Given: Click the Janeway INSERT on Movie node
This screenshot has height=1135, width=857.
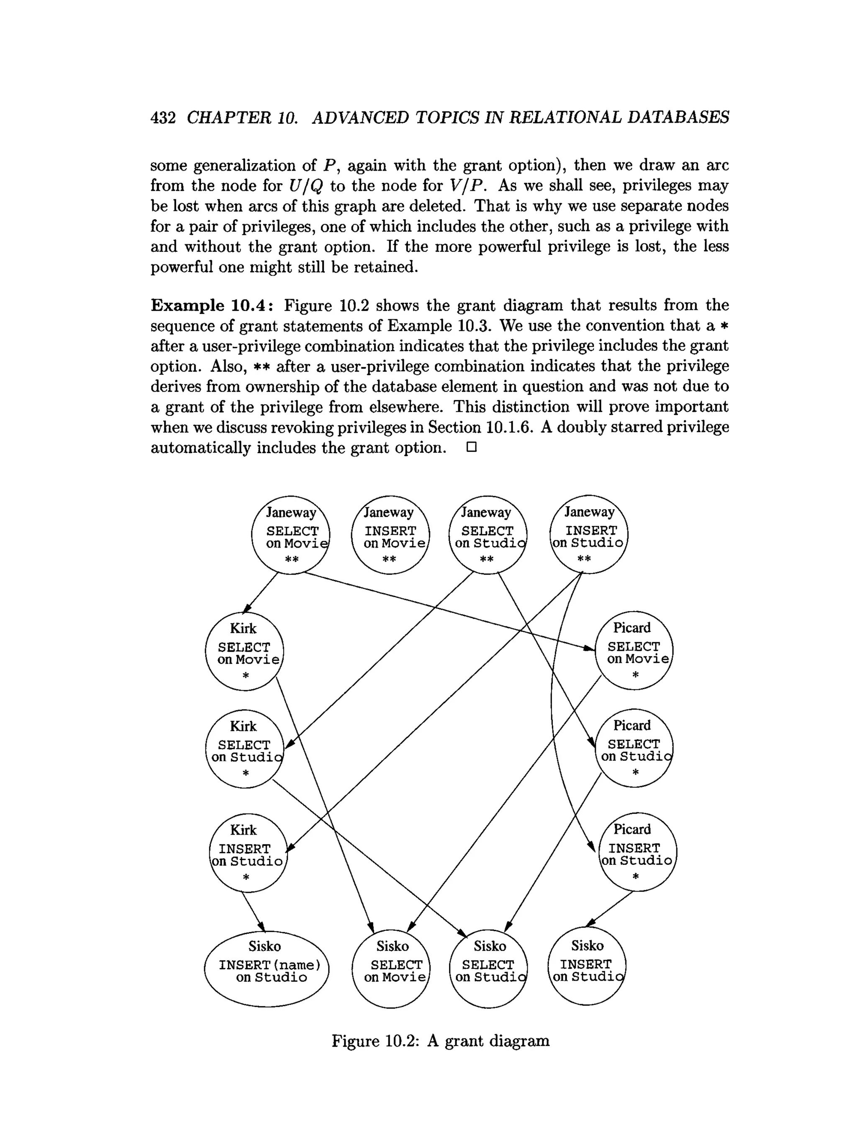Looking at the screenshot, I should [390, 535].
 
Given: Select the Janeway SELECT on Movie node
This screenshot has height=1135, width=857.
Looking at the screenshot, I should [290, 535].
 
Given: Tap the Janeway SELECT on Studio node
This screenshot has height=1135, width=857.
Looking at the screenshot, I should [488, 535].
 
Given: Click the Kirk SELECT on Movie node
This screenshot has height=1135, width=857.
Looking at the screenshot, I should [244, 651].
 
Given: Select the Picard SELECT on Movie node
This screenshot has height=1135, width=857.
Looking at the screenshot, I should [634, 650].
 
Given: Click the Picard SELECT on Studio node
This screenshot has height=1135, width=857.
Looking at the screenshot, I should [634, 748].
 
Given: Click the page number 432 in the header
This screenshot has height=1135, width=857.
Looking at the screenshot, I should [163, 118].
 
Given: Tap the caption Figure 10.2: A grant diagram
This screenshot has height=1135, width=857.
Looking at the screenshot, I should [440, 1040].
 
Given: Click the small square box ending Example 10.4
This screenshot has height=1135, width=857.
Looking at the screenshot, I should [472, 447].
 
